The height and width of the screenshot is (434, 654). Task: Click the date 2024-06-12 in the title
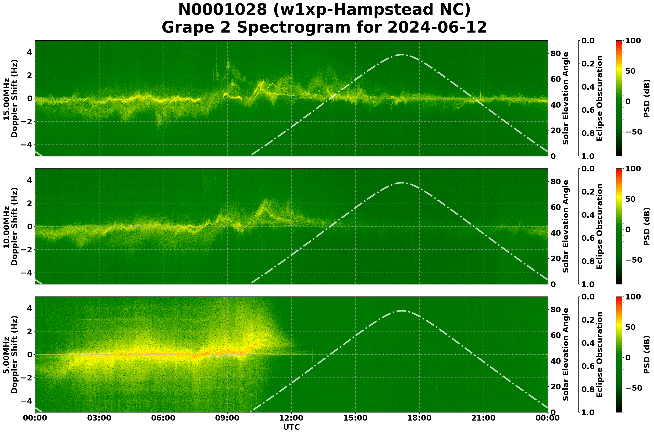[x=437, y=28]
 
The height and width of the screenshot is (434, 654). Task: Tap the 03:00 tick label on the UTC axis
[x=99, y=418]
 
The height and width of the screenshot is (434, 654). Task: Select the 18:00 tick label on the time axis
[x=419, y=418]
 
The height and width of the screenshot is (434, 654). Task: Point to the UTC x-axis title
[x=291, y=427]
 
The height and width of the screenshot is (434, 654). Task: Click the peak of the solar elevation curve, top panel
[x=402, y=55]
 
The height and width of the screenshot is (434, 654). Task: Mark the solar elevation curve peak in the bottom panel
[x=402, y=311]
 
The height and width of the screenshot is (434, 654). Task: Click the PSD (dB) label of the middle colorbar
[x=646, y=226]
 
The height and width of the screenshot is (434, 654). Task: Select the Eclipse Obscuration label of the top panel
[x=599, y=98]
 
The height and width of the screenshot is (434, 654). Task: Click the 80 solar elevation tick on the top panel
[x=554, y=54]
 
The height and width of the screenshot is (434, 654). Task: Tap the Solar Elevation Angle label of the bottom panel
[x=566, y=355]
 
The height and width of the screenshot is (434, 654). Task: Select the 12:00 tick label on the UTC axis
[x=291, y=418]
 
